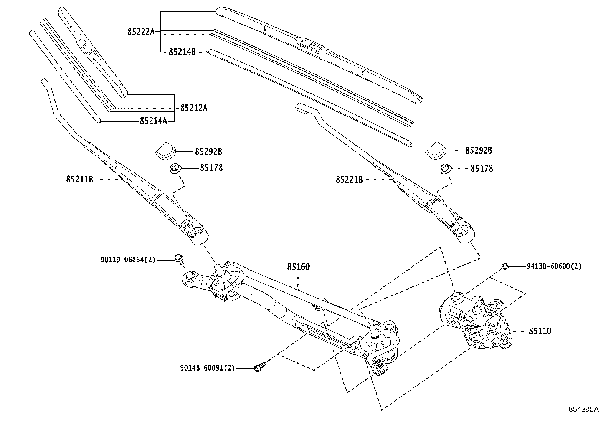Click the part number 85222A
click(x=140, y=32)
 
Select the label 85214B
click(x=182, y=51)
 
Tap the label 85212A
click(x=193, y=108)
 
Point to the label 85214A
click(x=154, y=121)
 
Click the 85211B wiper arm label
click(x=80, y=179)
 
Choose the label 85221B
click(x=349, y=179)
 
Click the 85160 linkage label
click(x=298, y=266)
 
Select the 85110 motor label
click(x=540, y=331)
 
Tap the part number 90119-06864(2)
click(x=128, y=260)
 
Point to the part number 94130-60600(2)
click(x=554, y=266)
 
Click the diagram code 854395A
click(x=583, y=409)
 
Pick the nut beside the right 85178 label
click(x=446, y=168)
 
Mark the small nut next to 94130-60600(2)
click(x=505, y=266)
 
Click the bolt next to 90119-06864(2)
click(x=178, y=258)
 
